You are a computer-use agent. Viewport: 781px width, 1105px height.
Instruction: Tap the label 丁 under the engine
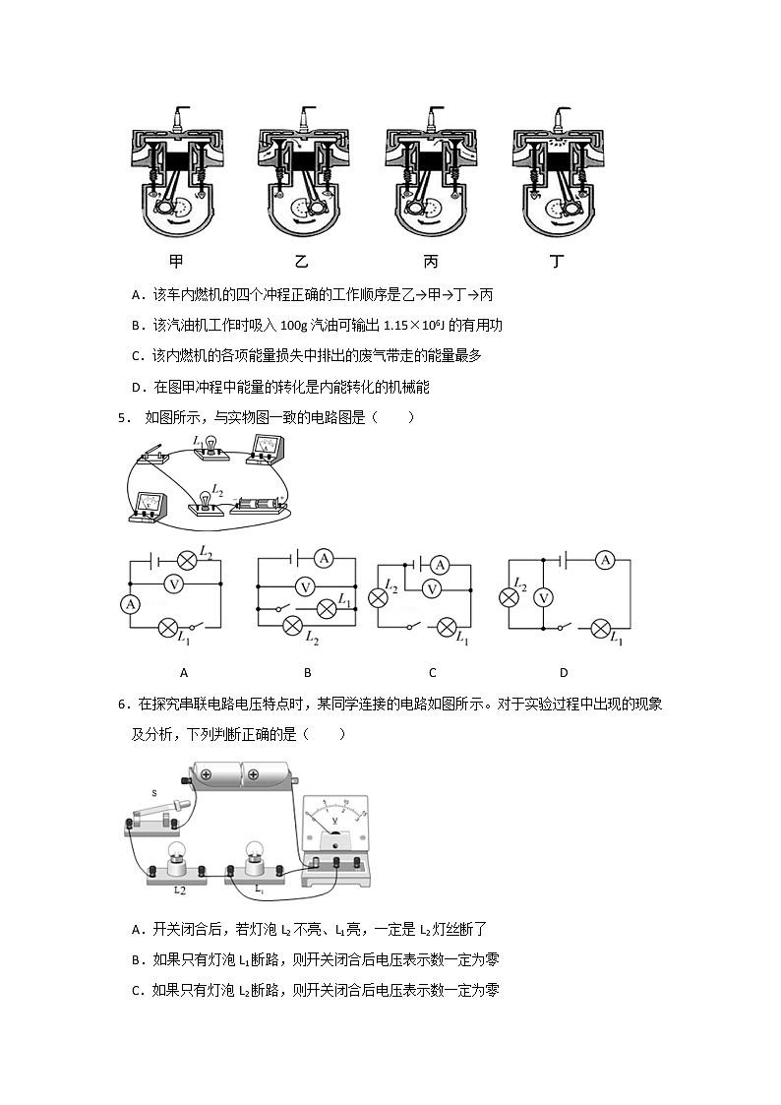[x=559, y=262]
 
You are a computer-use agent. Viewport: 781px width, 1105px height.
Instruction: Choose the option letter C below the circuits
[x=432, y=673]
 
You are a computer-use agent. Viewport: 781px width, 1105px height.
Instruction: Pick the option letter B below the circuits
[x=307, y=673]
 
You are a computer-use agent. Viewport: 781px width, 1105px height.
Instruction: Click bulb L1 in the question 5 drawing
[x=209, y=447]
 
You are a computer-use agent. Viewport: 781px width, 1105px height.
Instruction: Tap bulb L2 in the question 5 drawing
[x=206, y=499]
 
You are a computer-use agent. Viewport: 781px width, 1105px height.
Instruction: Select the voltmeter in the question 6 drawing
[x=334, y=831]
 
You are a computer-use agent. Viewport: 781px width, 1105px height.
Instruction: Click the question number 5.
[x=122, y=417]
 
